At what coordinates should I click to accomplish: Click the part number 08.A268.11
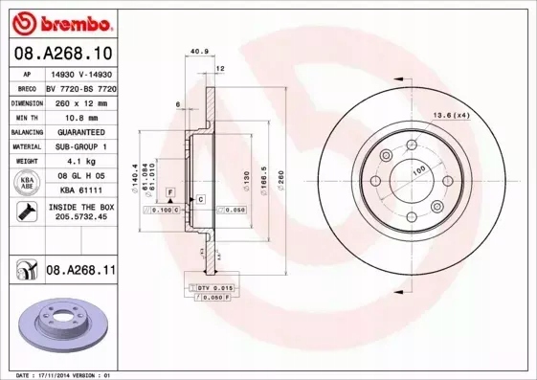point(80,272)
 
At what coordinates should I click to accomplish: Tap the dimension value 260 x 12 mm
point(80,101)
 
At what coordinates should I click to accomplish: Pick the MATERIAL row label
point(27,146)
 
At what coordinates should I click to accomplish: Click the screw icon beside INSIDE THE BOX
point(28,212)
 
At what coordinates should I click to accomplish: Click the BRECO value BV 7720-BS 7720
point(80,86)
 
